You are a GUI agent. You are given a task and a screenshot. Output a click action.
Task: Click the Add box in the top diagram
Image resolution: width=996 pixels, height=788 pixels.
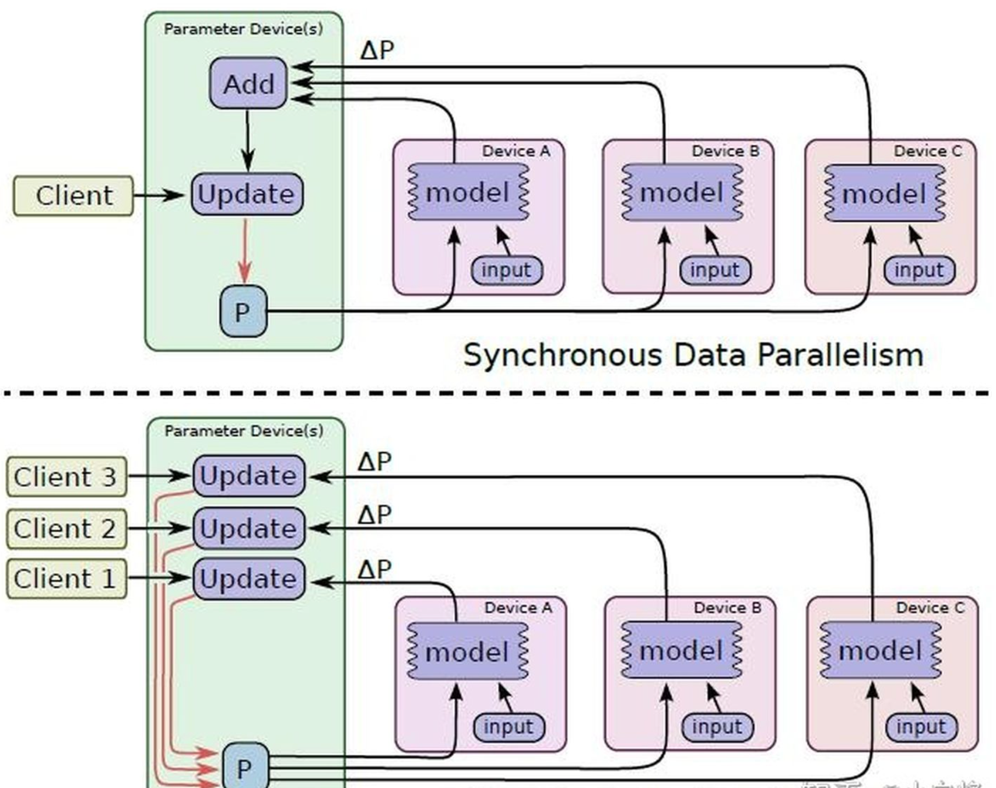[x=248, y=83]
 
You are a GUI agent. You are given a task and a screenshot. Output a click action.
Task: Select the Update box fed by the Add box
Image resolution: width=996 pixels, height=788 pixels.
[x=247, y=194]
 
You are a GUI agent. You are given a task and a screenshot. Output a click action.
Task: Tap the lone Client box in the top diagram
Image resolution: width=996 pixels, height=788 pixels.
[x=73, y=196]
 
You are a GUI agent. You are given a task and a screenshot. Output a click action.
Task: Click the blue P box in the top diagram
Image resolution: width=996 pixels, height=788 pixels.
[x=243, y=312]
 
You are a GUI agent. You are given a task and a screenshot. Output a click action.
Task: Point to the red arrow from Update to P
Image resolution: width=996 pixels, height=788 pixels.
[x=245, y=251]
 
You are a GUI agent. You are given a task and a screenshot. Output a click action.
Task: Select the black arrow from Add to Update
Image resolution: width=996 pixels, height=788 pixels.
[x=247, y=140]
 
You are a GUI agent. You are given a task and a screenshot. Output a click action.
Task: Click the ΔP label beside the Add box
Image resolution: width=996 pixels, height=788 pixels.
[x=377, y=50]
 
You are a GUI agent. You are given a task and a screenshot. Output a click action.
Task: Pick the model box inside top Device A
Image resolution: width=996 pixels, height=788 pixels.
[x=468, y=193]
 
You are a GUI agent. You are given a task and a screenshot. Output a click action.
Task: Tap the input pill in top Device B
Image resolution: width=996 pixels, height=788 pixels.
[x=715, y=270]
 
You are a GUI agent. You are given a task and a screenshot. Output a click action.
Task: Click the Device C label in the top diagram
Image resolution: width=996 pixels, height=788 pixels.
[x=927, y=151]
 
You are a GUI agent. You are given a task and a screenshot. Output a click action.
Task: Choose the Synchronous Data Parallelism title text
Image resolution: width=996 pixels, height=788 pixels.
[x=693, y=355]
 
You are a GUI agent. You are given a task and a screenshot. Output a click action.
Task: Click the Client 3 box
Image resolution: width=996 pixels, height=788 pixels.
[x=65, y=477]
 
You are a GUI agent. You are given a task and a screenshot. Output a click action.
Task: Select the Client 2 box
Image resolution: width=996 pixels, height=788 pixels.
[x=65, y=529]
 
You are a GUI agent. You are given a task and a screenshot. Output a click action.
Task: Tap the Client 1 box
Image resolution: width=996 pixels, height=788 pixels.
[x=65, y=579]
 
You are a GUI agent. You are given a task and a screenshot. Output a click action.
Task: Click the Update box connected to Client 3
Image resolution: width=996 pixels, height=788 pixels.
[x=248, y=476]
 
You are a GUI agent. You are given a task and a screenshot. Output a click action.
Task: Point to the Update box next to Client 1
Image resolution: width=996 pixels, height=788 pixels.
[x=248, y=579]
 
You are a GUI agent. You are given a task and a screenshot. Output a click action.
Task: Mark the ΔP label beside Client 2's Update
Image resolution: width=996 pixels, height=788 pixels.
[x=374, y=515]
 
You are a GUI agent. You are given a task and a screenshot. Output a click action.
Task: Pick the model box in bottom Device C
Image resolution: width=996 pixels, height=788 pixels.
[x=880, y=651]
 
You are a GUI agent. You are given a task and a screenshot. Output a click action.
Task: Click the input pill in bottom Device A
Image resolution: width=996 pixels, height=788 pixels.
[x=508, y=727]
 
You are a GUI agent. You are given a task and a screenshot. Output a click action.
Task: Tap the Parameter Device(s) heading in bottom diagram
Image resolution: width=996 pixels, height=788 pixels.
[x=244, y=431]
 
